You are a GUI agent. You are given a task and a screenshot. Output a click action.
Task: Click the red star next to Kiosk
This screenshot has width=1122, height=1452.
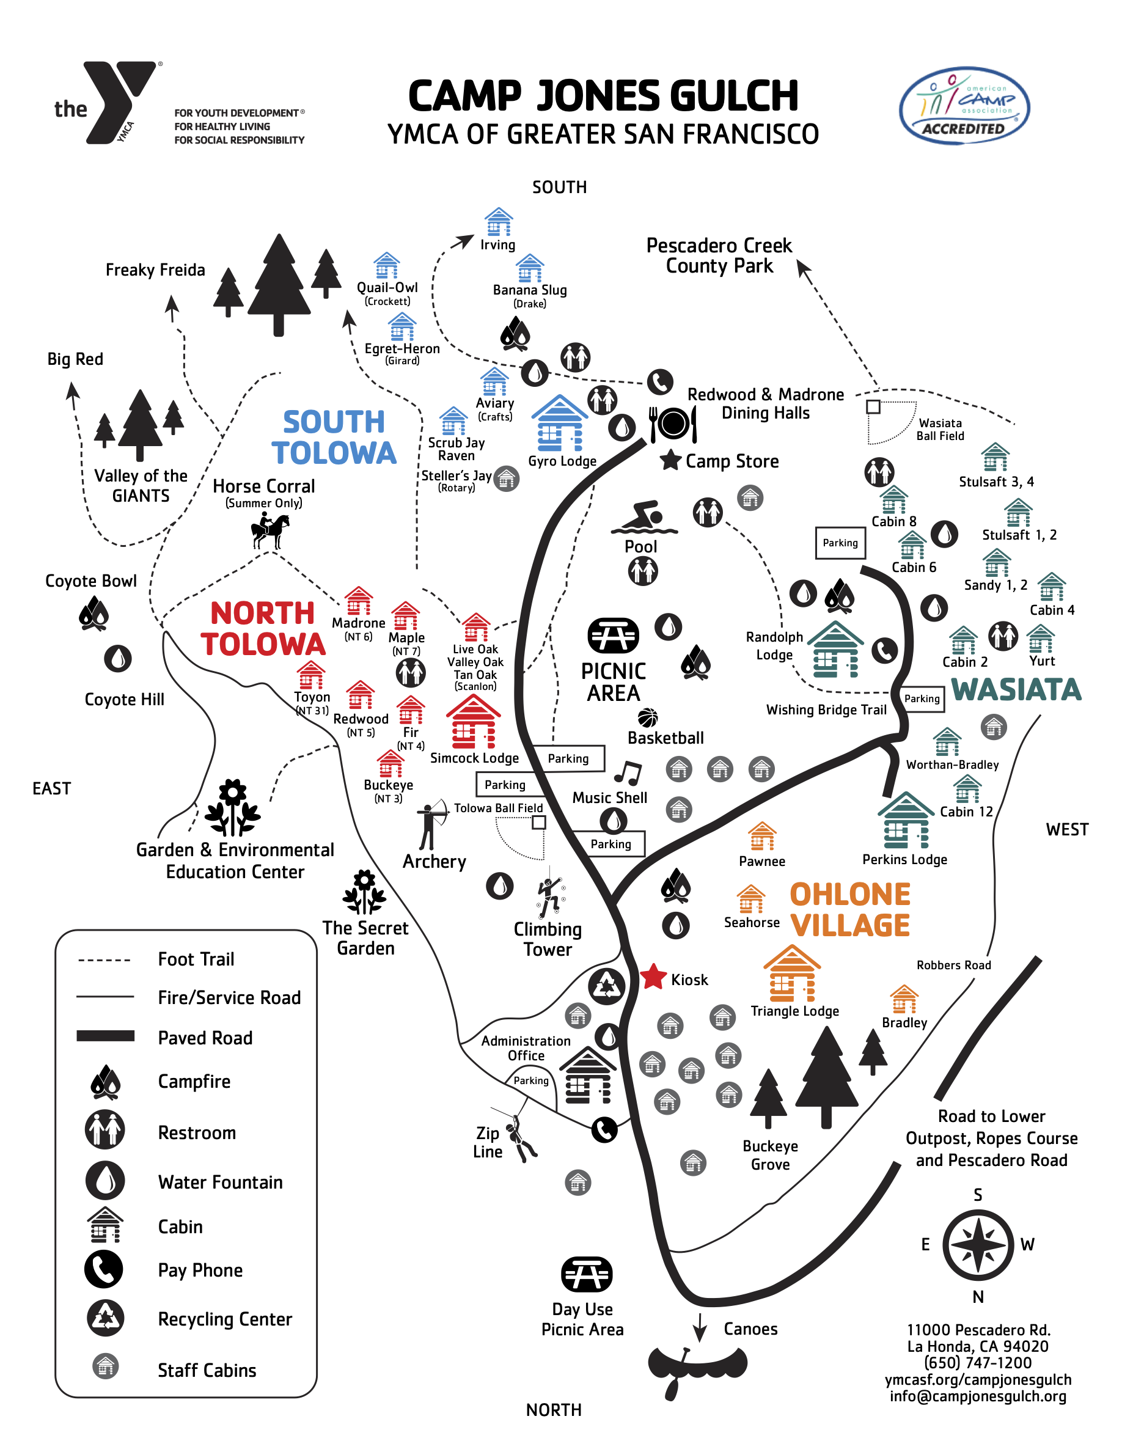653,977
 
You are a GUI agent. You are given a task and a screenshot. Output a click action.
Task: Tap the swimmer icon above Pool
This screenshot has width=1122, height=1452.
643,518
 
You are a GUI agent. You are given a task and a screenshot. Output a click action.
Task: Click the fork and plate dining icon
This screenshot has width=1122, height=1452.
673,424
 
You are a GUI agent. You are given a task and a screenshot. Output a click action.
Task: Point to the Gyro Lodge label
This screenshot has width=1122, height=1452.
562,461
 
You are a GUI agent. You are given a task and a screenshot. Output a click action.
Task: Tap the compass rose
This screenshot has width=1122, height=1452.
977,1245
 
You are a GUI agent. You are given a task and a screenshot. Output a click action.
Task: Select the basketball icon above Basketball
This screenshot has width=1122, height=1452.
647,718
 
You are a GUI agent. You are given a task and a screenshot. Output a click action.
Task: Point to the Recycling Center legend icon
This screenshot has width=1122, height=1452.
105,1318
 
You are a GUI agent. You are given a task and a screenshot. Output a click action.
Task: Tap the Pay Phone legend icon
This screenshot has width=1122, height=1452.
104,1269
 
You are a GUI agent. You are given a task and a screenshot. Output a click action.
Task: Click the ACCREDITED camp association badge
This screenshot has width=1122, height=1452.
964,106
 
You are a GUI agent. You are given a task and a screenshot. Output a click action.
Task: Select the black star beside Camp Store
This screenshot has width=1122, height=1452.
670,460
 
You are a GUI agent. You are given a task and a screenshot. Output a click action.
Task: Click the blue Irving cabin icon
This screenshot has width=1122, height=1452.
499,221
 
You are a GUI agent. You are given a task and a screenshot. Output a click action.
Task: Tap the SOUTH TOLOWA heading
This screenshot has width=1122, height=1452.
334,438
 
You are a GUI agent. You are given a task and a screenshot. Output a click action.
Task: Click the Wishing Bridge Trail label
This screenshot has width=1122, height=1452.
826,710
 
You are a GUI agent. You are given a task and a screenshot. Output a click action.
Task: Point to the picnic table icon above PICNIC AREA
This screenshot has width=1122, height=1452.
613,634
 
